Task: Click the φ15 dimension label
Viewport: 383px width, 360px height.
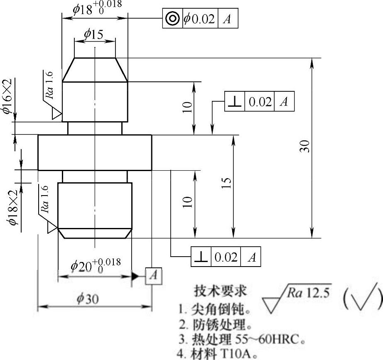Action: [94, 34]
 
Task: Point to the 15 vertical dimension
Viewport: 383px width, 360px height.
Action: [227, 183]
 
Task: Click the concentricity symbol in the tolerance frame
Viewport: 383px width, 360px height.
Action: [172, 19]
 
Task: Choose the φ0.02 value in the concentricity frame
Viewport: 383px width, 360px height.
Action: [199, 19]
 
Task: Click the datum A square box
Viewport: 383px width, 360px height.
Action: [153, 276]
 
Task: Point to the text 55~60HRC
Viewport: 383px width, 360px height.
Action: [261, 340]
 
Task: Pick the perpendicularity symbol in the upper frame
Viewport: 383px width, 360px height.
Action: [234, 102]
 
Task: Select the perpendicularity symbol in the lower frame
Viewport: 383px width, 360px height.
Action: [201, 257]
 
